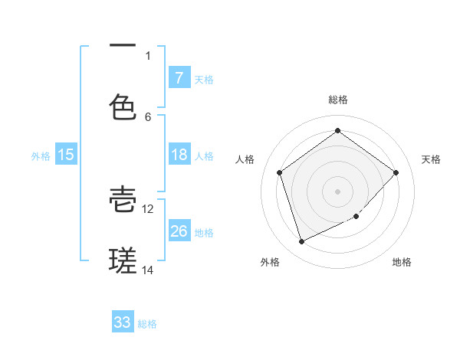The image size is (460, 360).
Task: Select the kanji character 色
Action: [123, 106]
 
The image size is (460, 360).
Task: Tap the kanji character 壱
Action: [123, 198]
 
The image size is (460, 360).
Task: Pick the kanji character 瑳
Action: [123, 260]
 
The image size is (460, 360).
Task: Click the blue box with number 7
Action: [179, 77]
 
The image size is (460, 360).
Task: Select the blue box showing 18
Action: [179, 155]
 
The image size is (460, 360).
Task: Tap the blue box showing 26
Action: [179, 231]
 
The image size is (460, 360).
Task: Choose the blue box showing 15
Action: [66, 155]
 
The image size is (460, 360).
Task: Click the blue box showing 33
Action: [123, 322]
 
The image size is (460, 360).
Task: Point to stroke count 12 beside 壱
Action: [148, 208]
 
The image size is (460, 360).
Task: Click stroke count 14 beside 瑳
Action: [148, 270]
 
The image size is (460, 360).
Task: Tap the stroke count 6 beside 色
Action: [148, 116]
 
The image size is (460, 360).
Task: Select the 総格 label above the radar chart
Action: [337, 100]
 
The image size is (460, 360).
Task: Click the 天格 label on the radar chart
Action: [431, 159]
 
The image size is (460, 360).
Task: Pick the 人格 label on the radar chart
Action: [245, 159]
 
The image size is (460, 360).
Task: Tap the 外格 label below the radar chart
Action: [270, 262]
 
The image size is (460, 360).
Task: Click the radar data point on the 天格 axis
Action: [396, 172]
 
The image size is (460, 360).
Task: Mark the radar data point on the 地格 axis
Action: [356, 217]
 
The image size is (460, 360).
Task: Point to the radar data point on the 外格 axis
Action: [301, 242]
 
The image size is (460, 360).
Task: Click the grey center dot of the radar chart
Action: [337, 191]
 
